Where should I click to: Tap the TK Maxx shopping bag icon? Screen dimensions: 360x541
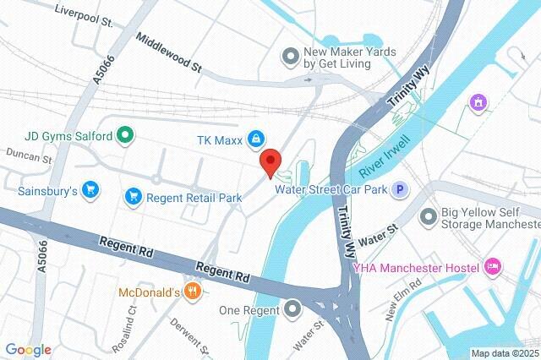[x=254, y=139]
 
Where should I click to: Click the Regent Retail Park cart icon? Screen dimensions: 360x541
[x=133, y=197]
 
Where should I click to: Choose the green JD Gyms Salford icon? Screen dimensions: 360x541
[x=124, y=134]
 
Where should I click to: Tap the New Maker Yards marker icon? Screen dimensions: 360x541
[x=291, y=56]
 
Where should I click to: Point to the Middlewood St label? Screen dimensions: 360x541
[x=169, y=52]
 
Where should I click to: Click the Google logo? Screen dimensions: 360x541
[x=28, y=350]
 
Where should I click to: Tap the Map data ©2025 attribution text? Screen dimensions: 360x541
[x=505, y=353]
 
